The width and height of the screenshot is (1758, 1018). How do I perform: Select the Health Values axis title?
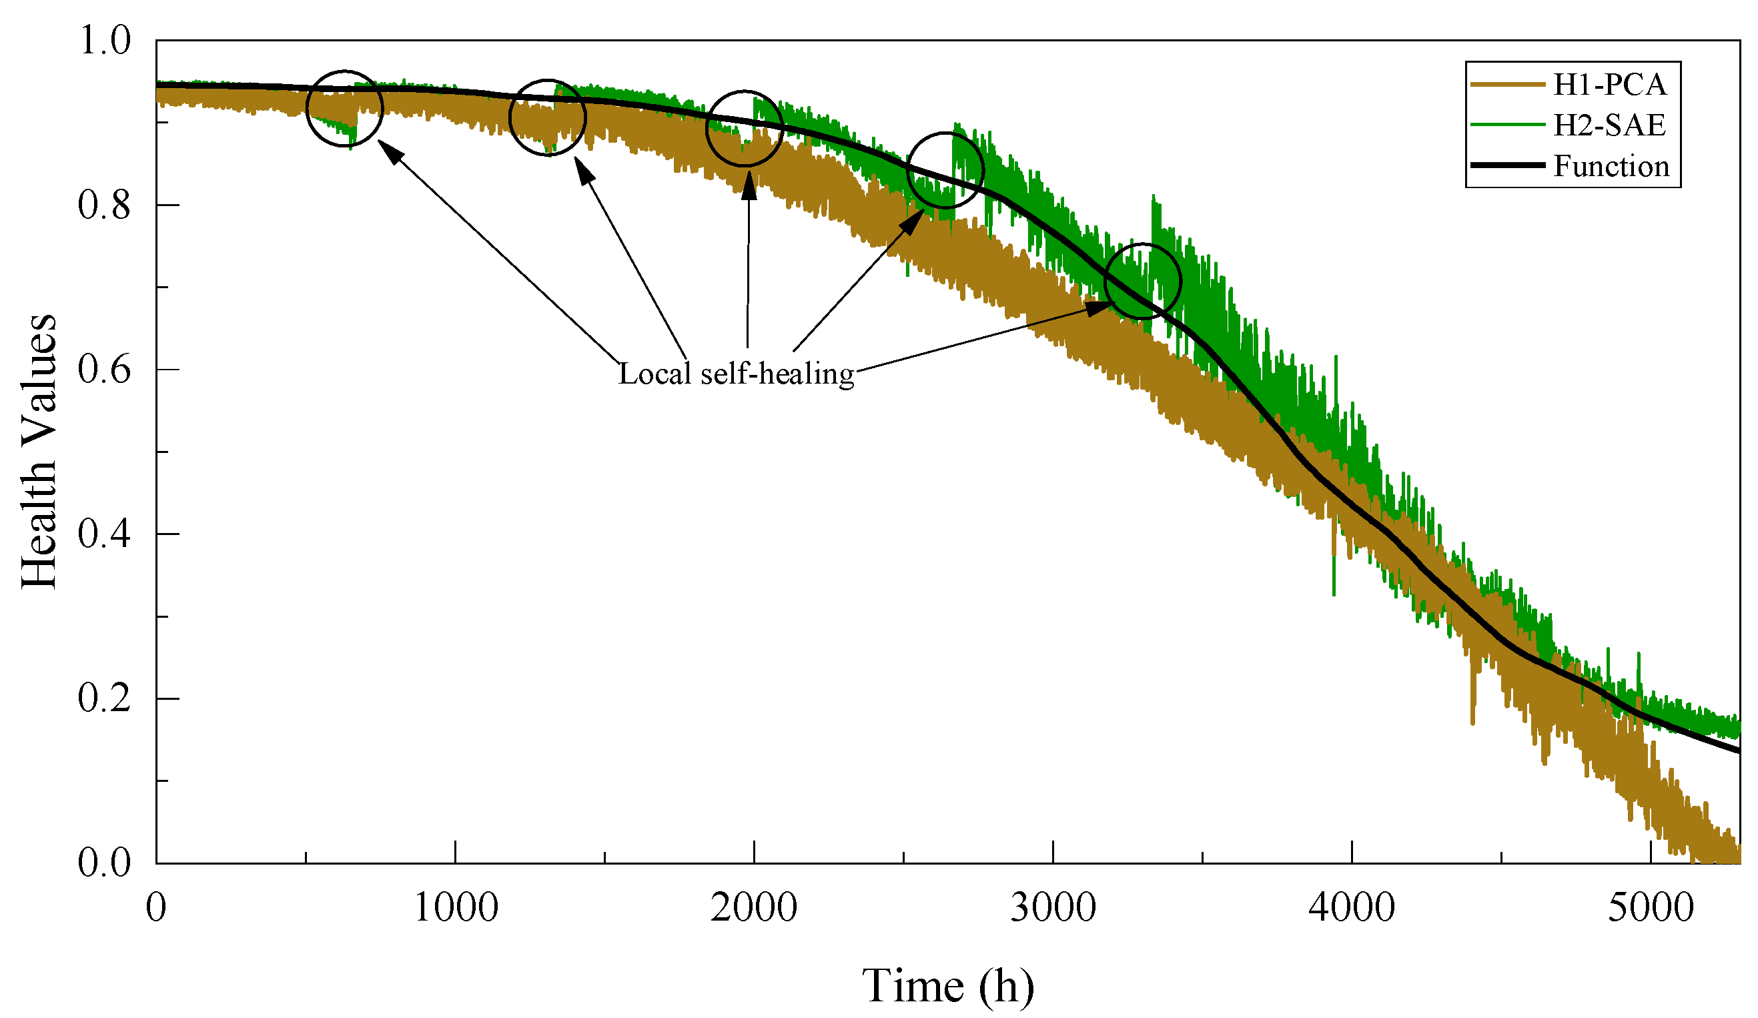coord(39,452)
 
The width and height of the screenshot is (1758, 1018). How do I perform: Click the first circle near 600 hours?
coord(345,109)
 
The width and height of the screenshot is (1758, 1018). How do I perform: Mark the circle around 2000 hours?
coord(745,128)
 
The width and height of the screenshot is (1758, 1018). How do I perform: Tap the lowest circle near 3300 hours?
coord(1143,282)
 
